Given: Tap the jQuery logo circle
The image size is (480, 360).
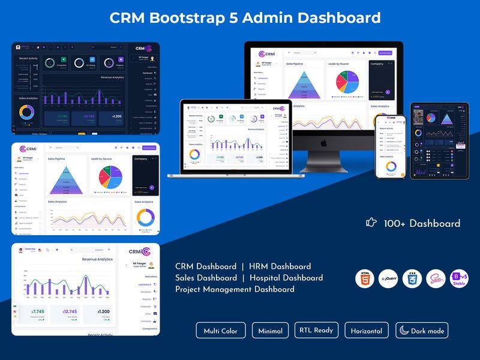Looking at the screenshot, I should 388,279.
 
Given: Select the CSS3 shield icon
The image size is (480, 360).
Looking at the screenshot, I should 412,279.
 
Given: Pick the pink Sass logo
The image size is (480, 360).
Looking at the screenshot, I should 436,279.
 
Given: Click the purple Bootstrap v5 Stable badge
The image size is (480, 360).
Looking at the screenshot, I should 460,279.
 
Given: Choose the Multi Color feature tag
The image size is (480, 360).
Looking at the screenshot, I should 220,331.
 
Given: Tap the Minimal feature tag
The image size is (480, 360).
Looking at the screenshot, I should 271,331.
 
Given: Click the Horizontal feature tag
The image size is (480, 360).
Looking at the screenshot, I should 367,331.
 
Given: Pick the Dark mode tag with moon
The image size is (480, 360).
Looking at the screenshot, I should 422,331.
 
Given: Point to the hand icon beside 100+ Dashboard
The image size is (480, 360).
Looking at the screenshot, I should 371,223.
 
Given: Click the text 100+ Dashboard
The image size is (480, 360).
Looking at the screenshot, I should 422,224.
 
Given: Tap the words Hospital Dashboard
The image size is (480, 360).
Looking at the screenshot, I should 286,278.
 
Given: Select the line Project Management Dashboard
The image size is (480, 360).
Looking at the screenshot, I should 235,289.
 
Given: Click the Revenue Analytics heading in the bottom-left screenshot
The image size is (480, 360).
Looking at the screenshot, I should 97,259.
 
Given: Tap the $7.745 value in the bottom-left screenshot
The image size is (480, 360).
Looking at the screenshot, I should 38,312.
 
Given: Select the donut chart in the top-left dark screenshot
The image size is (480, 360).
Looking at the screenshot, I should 26,112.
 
